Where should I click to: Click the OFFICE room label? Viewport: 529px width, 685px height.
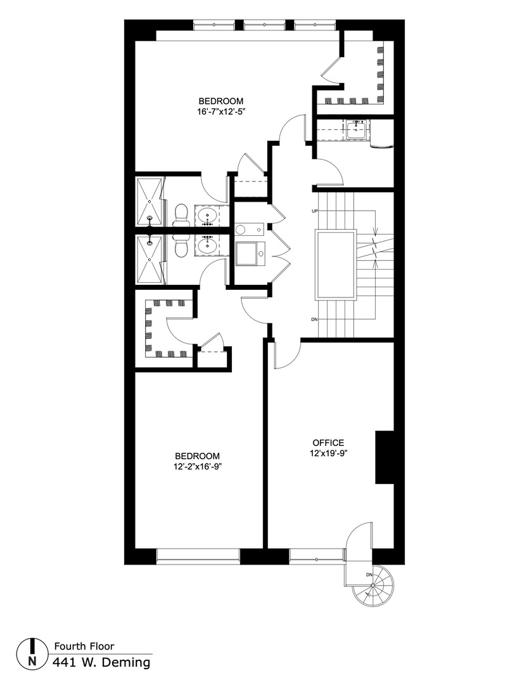click(x=328, y=443)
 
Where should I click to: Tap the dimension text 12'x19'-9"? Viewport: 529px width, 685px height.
click(x=328, y=453)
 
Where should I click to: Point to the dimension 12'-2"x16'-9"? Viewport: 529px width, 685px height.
click(x=198, y=466)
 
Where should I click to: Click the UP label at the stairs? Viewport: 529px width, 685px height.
click(x=314, y=210)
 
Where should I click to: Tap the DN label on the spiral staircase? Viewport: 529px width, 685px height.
click(x=369, y=575)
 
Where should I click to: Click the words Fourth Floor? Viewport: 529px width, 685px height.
click(x=84, y=646)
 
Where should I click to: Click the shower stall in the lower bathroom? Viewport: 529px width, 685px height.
click(x=150, y=259)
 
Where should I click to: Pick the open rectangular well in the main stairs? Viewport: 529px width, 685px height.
click(x=336, y=264)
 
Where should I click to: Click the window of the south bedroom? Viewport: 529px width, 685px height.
click(x=198, y=556)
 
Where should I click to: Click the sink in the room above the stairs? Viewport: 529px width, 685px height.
click(x=355, y=131)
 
